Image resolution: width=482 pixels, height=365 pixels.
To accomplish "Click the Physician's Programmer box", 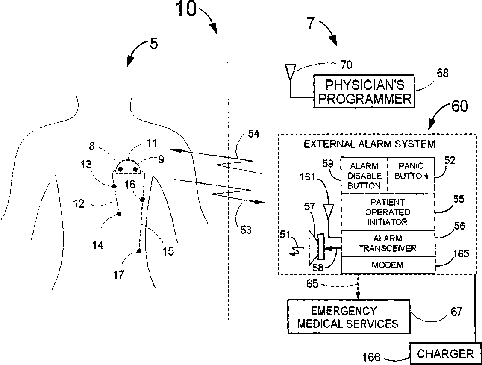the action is pos(364,91).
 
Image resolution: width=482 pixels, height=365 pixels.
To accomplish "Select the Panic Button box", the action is pos(411,175).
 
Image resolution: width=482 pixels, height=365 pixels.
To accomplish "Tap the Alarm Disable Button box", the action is pos(364,175).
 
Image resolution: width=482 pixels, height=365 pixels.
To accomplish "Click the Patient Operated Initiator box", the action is pos(388,212).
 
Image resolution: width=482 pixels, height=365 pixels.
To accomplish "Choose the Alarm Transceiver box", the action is pos(388,244).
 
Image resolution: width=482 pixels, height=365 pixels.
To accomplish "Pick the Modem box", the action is pos(388,265).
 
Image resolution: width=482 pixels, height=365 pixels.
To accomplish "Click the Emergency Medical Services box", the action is pos(349,317).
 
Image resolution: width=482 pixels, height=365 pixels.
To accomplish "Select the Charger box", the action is pos(445,353).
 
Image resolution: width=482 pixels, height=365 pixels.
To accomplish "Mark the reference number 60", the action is pos(459,106).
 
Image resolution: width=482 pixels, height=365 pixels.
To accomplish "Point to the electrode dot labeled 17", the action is pos(139,251).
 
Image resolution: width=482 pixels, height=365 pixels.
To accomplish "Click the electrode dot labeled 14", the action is pos(119,214).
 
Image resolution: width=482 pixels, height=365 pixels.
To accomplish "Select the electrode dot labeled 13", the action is pos(114,186).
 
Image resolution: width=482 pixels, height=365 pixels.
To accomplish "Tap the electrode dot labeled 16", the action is pos(142,200).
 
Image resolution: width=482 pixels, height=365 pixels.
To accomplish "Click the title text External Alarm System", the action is pos(370,144).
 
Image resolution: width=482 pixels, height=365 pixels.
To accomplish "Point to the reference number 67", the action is pos(456,312).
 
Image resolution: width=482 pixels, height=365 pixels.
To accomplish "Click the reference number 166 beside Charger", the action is pos(371,357).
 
